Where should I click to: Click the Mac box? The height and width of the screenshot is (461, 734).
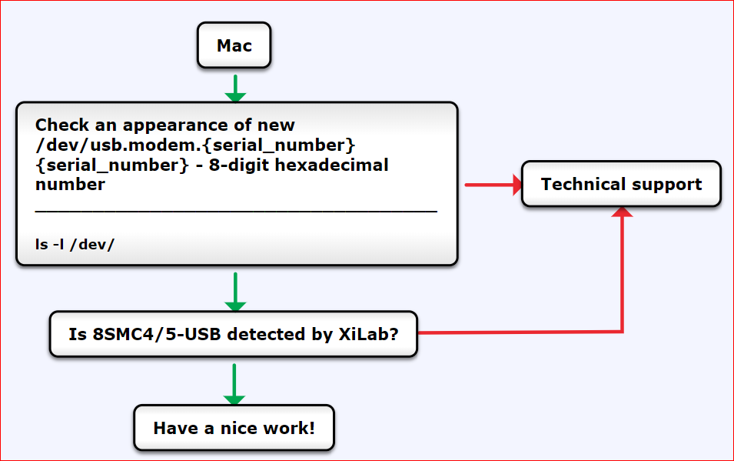pos(234,45)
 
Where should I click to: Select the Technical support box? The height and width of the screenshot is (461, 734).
pos(621,184)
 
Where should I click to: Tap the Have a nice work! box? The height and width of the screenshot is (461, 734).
pos(234,428)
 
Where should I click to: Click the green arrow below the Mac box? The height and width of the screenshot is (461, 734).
pos(235,88)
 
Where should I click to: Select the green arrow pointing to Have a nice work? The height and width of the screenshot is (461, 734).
pos(234,384)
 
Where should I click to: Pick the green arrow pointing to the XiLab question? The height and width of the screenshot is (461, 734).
pos(234,292)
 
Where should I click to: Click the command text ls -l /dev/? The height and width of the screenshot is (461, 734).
pos(75,244)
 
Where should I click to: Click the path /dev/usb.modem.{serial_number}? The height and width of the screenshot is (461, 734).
pos(195,145)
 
